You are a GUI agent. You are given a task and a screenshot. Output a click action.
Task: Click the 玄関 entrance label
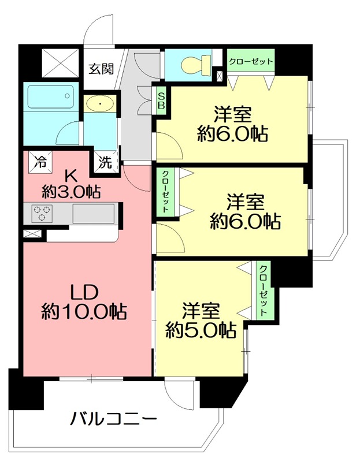pyautogui.click(x=101, y=69)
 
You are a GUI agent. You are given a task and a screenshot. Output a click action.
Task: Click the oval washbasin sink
pyautogui.click(x=101, y=104)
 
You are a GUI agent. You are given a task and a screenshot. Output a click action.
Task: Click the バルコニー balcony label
pyautogui.click(x=114, y=418)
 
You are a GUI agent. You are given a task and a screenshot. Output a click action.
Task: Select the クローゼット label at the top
pyautogui.click(x=250, y=61)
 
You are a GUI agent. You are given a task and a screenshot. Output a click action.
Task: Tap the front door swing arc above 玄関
pyautogui.click(x=96, y=32)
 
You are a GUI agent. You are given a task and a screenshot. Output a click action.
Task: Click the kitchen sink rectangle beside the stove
pyautogui.click(x=95, y=213)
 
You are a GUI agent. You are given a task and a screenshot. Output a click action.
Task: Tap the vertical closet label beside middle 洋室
pyautogui.click(x=165, y=191)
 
